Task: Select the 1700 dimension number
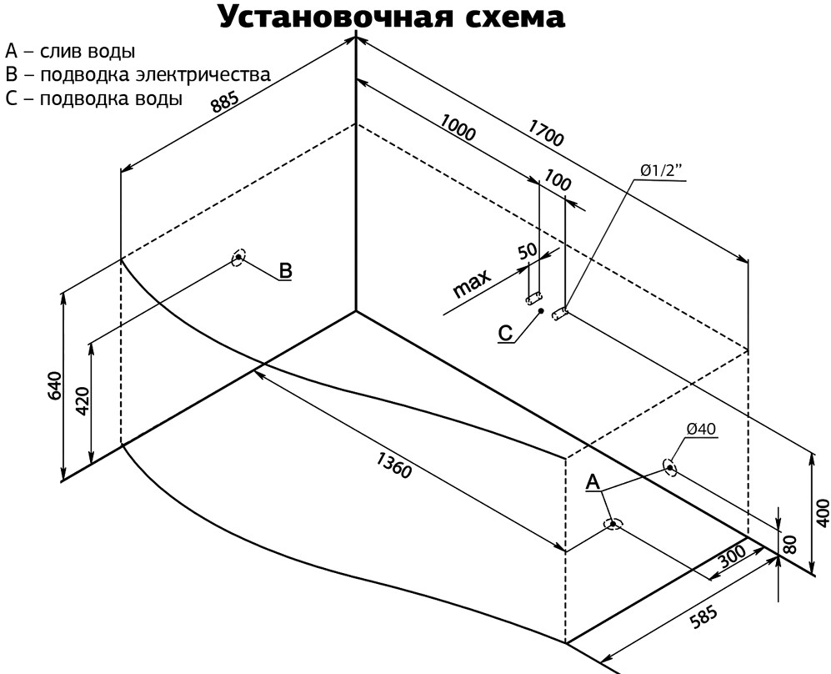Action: click(545, 132)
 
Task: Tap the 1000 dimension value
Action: click(458, 128)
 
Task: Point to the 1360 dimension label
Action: click(393, 465)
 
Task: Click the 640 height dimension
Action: click(54, 386)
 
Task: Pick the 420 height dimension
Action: click(83, 401)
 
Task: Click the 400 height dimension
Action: click(823, 512)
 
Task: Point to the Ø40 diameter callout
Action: click(701, 429)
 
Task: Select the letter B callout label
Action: click(285, 270)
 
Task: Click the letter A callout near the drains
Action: click(593, 482)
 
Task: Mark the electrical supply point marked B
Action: click(238, 258)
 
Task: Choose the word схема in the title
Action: click(516, 17)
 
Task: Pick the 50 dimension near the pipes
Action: click(528, 251)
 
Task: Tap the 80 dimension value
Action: click(789, 545)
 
